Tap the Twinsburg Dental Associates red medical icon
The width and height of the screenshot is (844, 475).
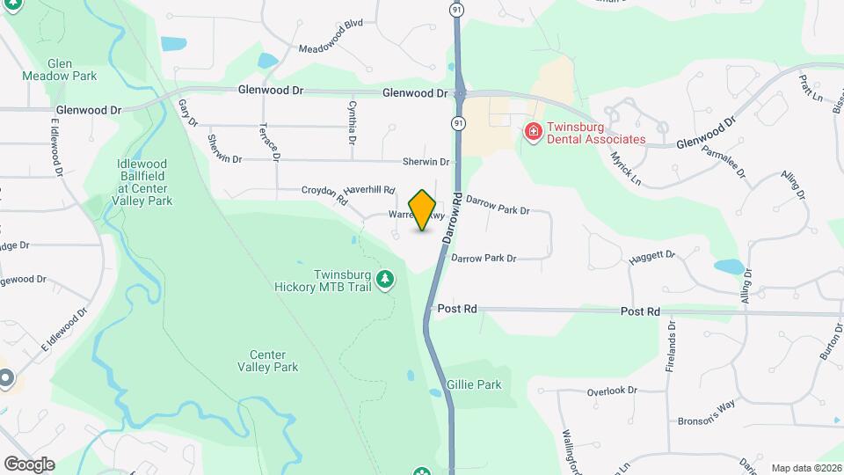[x=533, y=132]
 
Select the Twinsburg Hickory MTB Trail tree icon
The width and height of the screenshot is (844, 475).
[x=384, y=279]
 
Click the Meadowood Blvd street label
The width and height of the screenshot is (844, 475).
[x=331, y=47]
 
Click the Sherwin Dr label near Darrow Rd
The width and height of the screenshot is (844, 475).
[x=426, y=162]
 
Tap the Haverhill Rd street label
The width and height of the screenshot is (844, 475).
[x=370, y=189]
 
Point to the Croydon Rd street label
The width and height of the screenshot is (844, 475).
[x=325, y=194]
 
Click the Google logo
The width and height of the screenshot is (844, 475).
[x=29, y=464]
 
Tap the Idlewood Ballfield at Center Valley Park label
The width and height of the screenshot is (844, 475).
[x=145, y=182]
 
